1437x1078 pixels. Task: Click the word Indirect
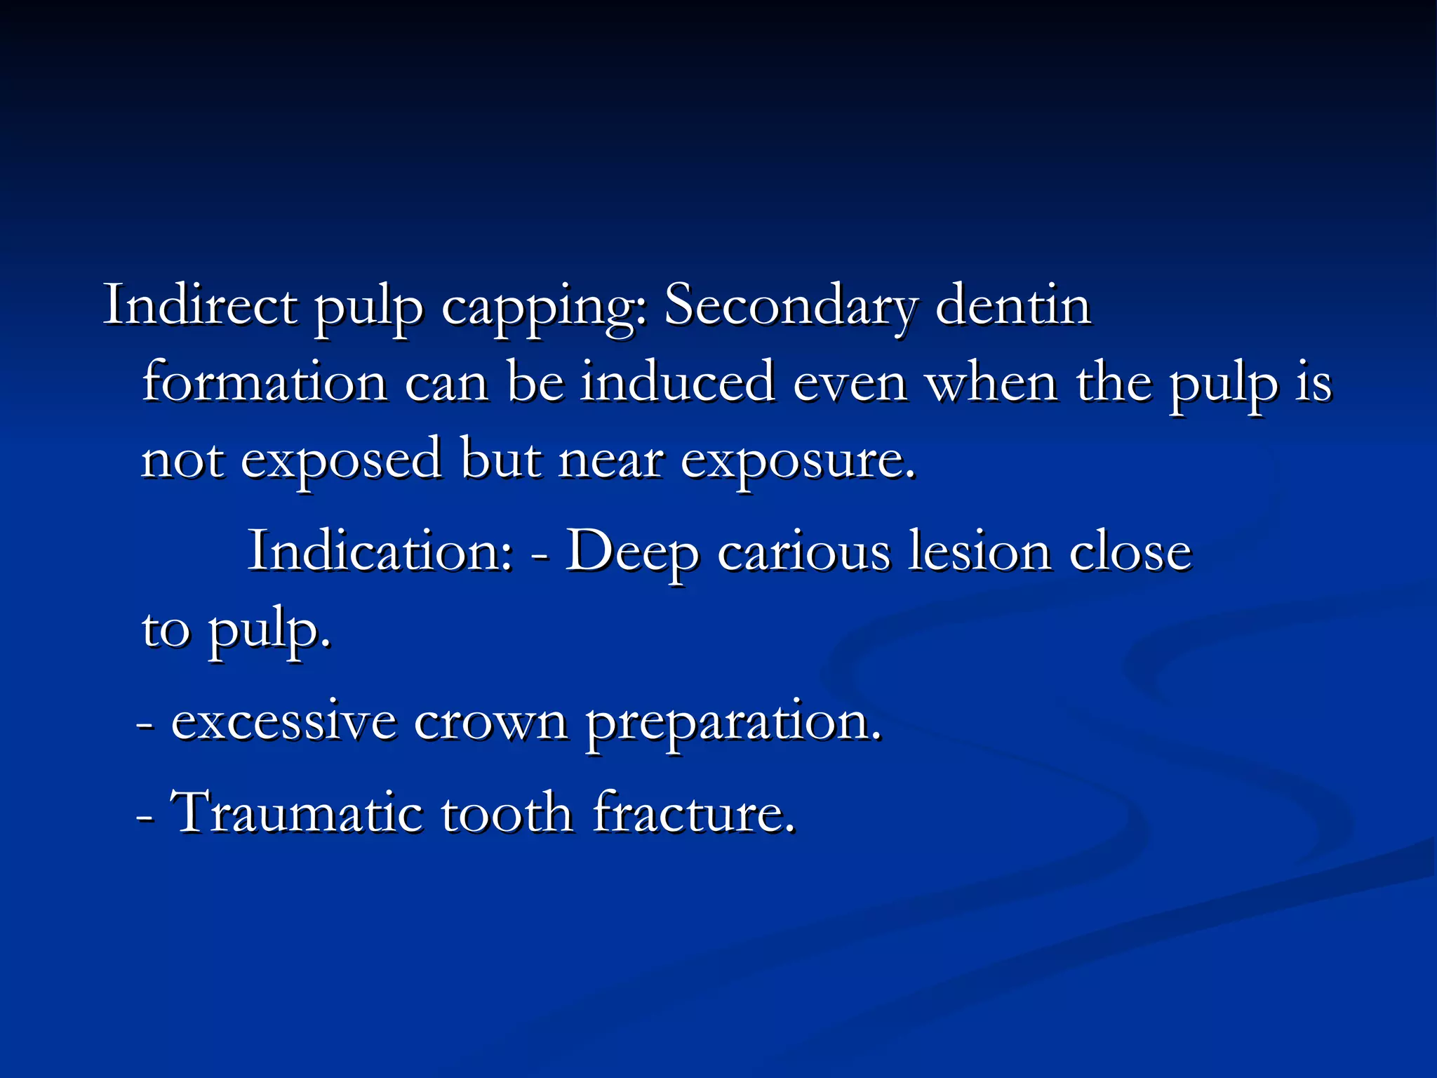(x=200, y=306)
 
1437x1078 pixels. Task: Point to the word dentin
(x=1013, y=306)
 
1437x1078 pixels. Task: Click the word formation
(x=265, y=383)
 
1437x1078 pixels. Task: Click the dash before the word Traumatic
(x=146, y=817)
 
